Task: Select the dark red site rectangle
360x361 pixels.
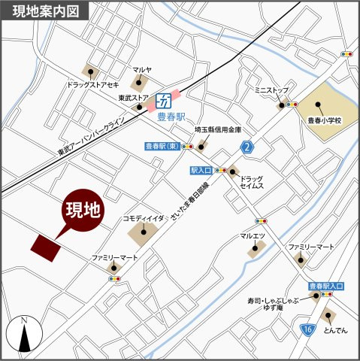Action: pos(46,247)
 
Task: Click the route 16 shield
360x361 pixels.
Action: pos(307,329)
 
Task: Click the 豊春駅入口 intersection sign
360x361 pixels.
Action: pos(326,287)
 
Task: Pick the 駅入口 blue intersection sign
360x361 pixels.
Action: pos(201,171)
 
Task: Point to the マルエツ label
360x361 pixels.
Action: pos(253,237)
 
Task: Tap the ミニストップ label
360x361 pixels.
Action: pos(271,89)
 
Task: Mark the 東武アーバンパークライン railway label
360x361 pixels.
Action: pos(92,139)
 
